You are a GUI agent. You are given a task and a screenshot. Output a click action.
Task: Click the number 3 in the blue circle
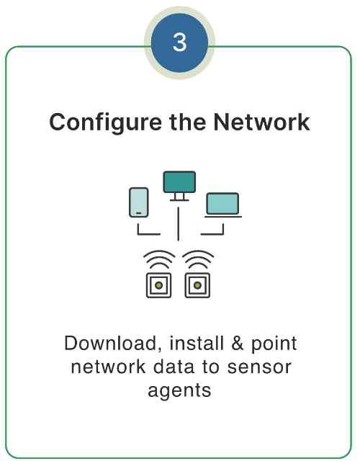[x=180, y=43]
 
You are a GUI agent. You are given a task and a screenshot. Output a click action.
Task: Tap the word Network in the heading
[x=262, y=122]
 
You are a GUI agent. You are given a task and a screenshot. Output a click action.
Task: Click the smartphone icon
[x=138, y=202]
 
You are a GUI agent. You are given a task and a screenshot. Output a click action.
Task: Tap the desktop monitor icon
[x=179, y=183]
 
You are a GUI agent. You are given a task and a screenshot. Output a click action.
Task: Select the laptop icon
[x=222, y=205]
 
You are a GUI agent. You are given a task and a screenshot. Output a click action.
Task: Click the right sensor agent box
[x=197, y=285]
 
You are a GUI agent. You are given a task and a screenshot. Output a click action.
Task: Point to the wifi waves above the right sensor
[x=197, y=259]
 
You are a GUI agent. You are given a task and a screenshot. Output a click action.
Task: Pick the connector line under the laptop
[x=212, y=232]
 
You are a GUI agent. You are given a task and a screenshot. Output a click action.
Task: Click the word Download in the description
[x=102, y=343]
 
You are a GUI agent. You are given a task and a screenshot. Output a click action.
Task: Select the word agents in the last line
[x=179, y=390]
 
